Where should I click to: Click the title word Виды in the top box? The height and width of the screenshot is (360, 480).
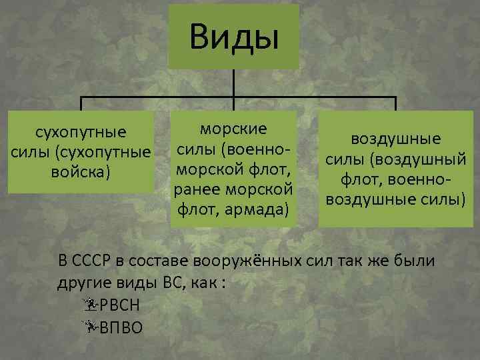[233, 37]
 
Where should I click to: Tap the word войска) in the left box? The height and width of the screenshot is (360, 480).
[79, 172]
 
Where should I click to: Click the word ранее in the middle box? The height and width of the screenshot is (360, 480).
[197, 190]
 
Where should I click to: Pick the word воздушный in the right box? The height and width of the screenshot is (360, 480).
[428, 160]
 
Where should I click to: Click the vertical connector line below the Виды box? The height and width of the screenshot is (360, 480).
[233, 83]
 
